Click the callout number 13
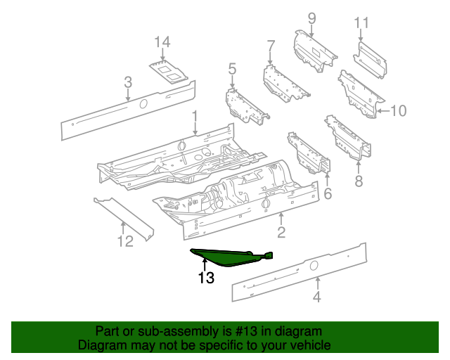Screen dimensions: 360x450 [x=205, y=278]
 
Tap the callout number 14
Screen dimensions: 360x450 [x=162, y=44]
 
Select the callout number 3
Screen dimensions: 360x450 [x=127, y=83]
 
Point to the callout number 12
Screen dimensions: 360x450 [x=124, y=243]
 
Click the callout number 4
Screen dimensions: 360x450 [x=317, y=297]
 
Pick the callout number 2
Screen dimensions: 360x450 [x=281, y=232]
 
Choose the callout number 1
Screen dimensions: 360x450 [x=195, y=117]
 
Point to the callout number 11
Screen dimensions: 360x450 [x=361, y=23]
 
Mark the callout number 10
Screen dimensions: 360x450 [x=398, y=110]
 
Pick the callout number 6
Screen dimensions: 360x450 [x=327, y=193]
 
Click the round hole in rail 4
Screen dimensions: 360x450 [x=314, y=265]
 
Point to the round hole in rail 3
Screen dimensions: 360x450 [x=143, y=104]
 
